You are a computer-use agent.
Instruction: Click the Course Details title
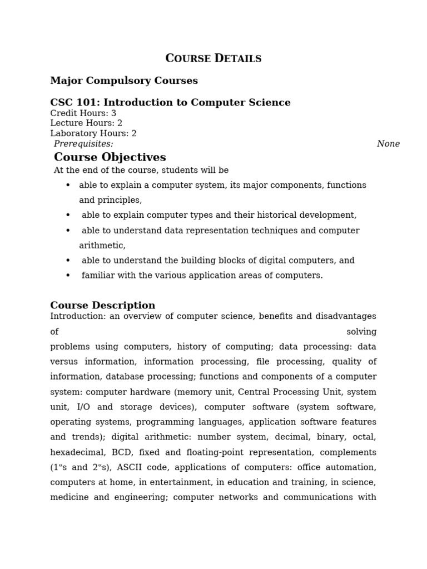point(213,58)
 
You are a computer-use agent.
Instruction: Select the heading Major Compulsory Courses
point(124,81)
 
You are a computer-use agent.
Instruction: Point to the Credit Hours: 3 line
point(83,113)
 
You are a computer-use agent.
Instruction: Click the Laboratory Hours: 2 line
point(93,133)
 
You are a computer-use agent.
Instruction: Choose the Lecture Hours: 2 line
point(86,123)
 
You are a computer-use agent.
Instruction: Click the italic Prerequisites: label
point(83,144)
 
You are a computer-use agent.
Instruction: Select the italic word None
point(388,144)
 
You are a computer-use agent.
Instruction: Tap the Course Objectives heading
point(110,157)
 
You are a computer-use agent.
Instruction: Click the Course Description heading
point(102,306)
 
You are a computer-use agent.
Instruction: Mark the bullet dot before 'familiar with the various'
point(68,276)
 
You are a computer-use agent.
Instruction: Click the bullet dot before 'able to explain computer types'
point(68,215)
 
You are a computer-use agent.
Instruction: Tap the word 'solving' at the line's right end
point(361,332)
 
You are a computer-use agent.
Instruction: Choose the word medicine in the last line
point(69,497)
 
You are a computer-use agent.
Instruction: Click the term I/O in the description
point(83,407)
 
